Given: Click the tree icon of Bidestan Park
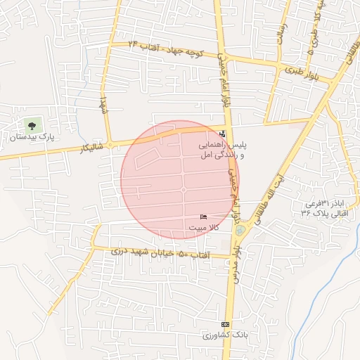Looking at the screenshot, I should (31, 125).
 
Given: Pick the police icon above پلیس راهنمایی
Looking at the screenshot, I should (223, 134).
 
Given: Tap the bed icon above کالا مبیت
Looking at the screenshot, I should (204, 217).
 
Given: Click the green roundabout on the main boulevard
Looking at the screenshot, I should (241, 230).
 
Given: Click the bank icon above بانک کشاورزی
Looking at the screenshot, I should (225, 324).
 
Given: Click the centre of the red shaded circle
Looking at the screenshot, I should (180, 179).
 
